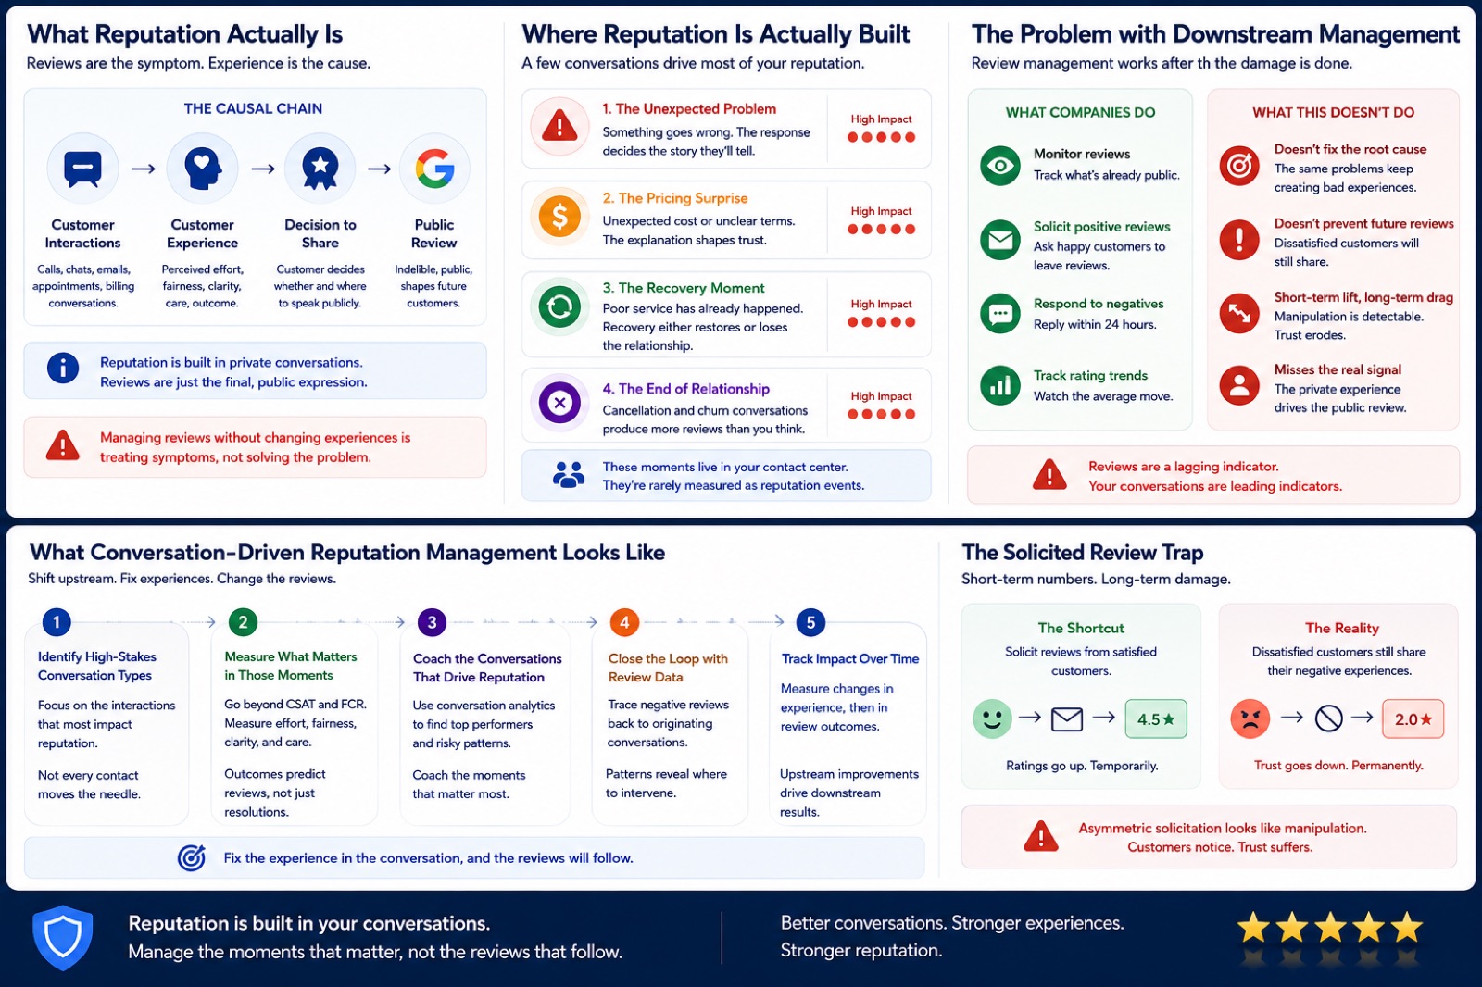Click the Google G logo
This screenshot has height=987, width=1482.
coord(434,168)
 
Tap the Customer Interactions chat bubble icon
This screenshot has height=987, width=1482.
coord(82,168)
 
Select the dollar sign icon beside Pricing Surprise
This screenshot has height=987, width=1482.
coord(559,217)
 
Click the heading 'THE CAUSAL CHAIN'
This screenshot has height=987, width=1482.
coord(254,108)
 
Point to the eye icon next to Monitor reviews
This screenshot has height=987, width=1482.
coord(1000,166)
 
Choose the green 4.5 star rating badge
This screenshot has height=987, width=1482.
coord(1156,718)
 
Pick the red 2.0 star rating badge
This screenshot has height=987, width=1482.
coord(1413,718)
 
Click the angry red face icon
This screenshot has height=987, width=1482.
coord(1250,718)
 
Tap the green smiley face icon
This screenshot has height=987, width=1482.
coord(992,718)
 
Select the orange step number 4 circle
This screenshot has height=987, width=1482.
coord(624,622)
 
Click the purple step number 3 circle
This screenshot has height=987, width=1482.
coord(432,622)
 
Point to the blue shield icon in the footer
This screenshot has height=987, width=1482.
coord(63,937)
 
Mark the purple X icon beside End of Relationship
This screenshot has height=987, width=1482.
coord(559,402)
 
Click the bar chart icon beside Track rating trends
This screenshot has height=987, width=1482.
coord(1000,385)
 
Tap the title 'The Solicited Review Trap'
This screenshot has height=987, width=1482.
coord(1083,553)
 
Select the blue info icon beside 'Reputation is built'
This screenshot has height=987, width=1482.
coord(63,368)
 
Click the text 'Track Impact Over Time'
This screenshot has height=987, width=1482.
coord(850,658)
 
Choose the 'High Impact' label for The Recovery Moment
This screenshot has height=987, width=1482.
coord(881,304)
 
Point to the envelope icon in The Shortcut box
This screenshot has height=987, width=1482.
coord(1067,719)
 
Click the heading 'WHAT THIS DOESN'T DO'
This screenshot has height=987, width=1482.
coord(1333,112)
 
